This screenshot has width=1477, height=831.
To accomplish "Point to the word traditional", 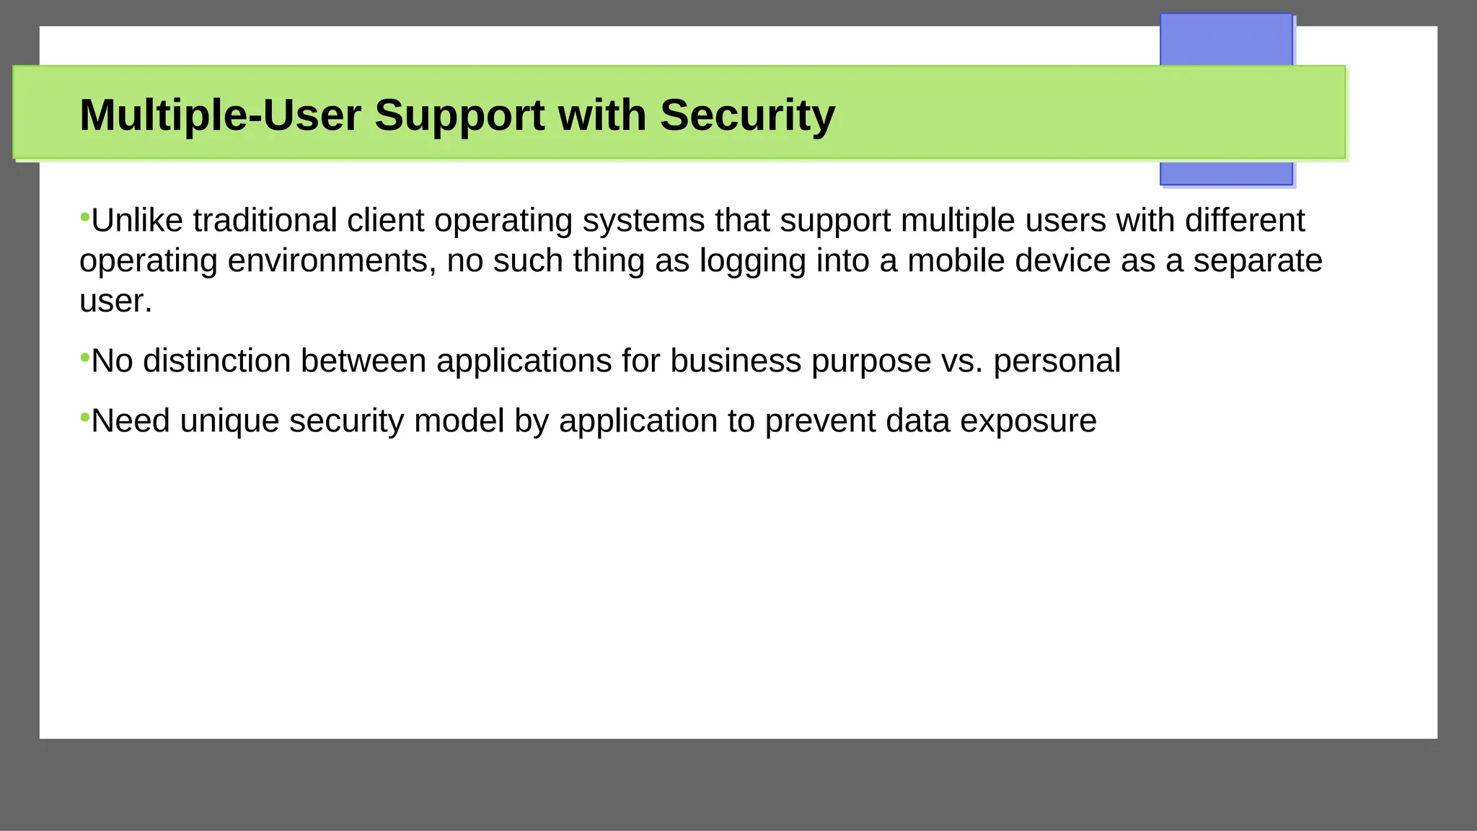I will tap(265, 221).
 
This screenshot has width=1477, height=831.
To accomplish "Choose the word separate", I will tap(1258, 261).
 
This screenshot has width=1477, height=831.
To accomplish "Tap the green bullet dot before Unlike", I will tap(84, 216).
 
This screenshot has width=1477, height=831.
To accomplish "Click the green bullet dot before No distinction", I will tap(84, 356).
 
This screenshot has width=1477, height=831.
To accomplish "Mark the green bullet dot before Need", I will tap(84, 416).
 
